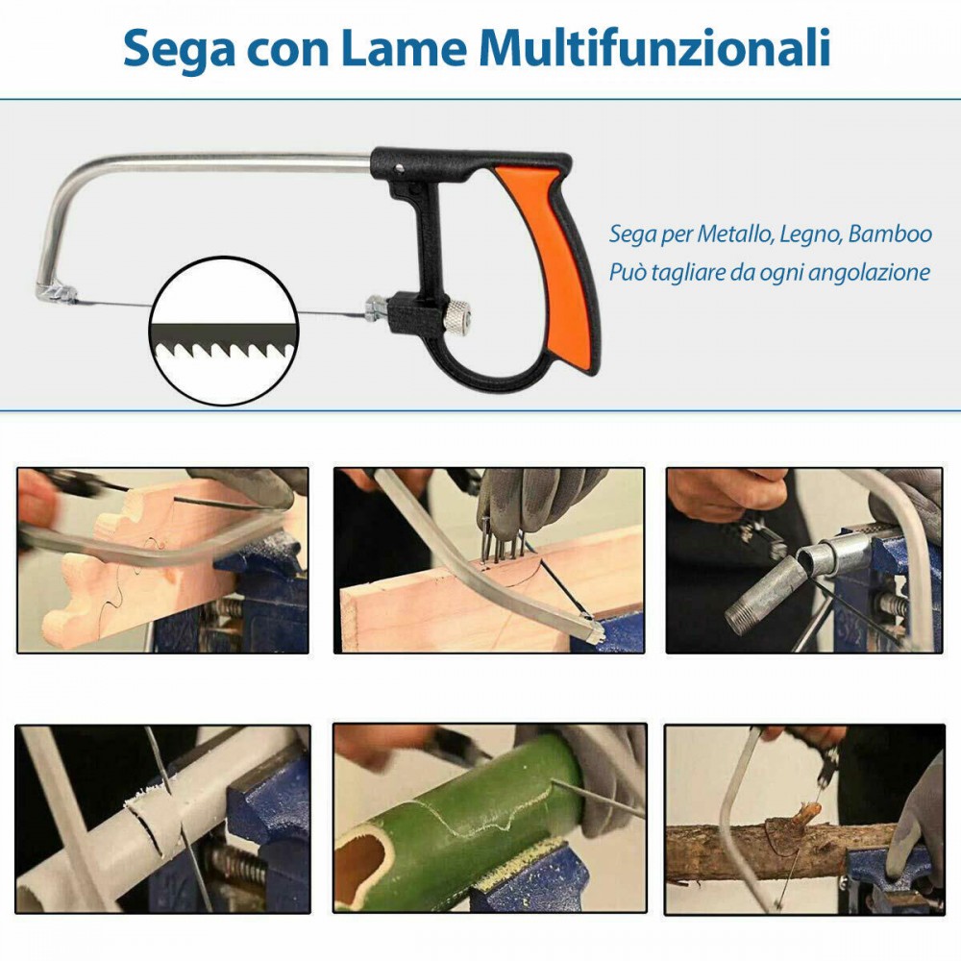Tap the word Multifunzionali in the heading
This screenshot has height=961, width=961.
click(655, 47)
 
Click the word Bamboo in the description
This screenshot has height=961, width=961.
click(890, 234)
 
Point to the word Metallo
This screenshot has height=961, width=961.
click(735, 234)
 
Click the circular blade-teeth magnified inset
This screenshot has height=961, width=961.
click(224, 331)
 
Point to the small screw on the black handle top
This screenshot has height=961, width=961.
click(399, 168)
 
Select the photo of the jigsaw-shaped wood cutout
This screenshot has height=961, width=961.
click(162, 560)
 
